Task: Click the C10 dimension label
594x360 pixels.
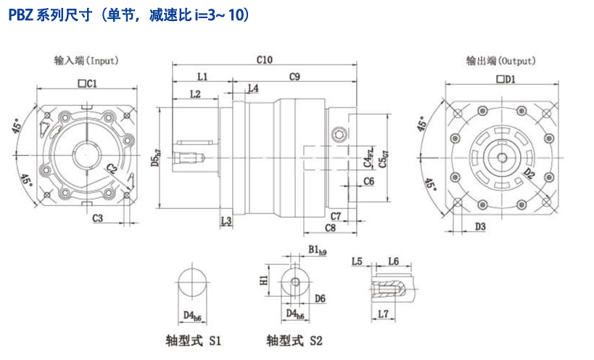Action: click(x=264, y=60)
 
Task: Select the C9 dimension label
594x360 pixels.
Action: click(x=294, y=76)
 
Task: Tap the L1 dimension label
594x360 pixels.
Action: click(x=202, y=76)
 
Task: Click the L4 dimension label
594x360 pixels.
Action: click(x=252, y=89)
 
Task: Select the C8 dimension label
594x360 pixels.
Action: click(x=330, y=228)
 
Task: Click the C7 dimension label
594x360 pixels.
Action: click(x=335, y=216)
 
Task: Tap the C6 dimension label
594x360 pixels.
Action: click(x=368, y=181)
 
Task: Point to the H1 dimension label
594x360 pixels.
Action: click(x=264, y=279)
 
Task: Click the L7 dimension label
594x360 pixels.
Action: click(x=384, y=313)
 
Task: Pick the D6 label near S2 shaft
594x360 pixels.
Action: click(x=320, y=298)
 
